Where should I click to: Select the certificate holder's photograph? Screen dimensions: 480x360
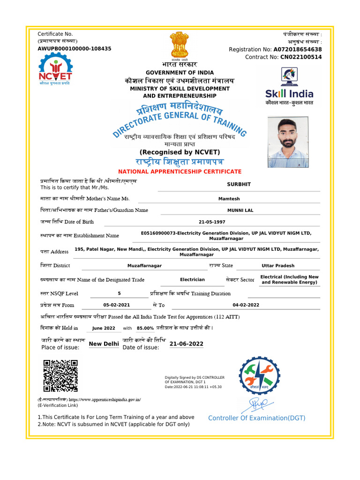click(288, 142)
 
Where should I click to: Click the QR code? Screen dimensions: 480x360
click(60, 375)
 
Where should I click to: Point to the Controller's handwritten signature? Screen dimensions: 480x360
click(257, 403)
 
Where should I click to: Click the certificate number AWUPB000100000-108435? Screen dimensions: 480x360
click(75, 49)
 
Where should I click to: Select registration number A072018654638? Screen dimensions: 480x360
click(298, 49)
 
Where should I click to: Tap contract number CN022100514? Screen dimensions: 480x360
click(301, 57)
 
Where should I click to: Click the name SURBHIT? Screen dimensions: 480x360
click(239, 184)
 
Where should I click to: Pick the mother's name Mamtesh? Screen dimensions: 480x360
click(229, 199)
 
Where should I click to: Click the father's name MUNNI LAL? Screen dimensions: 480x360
click(240, 210)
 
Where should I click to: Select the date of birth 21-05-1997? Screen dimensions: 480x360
click(212, 222)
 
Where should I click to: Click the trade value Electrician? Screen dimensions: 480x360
click(192, 279)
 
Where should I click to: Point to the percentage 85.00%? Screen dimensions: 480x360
click(145, 329)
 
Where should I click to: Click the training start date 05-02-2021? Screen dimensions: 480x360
click(116, 305)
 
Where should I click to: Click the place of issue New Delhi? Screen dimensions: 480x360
click(104, 344)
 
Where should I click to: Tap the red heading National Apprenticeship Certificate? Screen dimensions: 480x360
click(180, 172)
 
